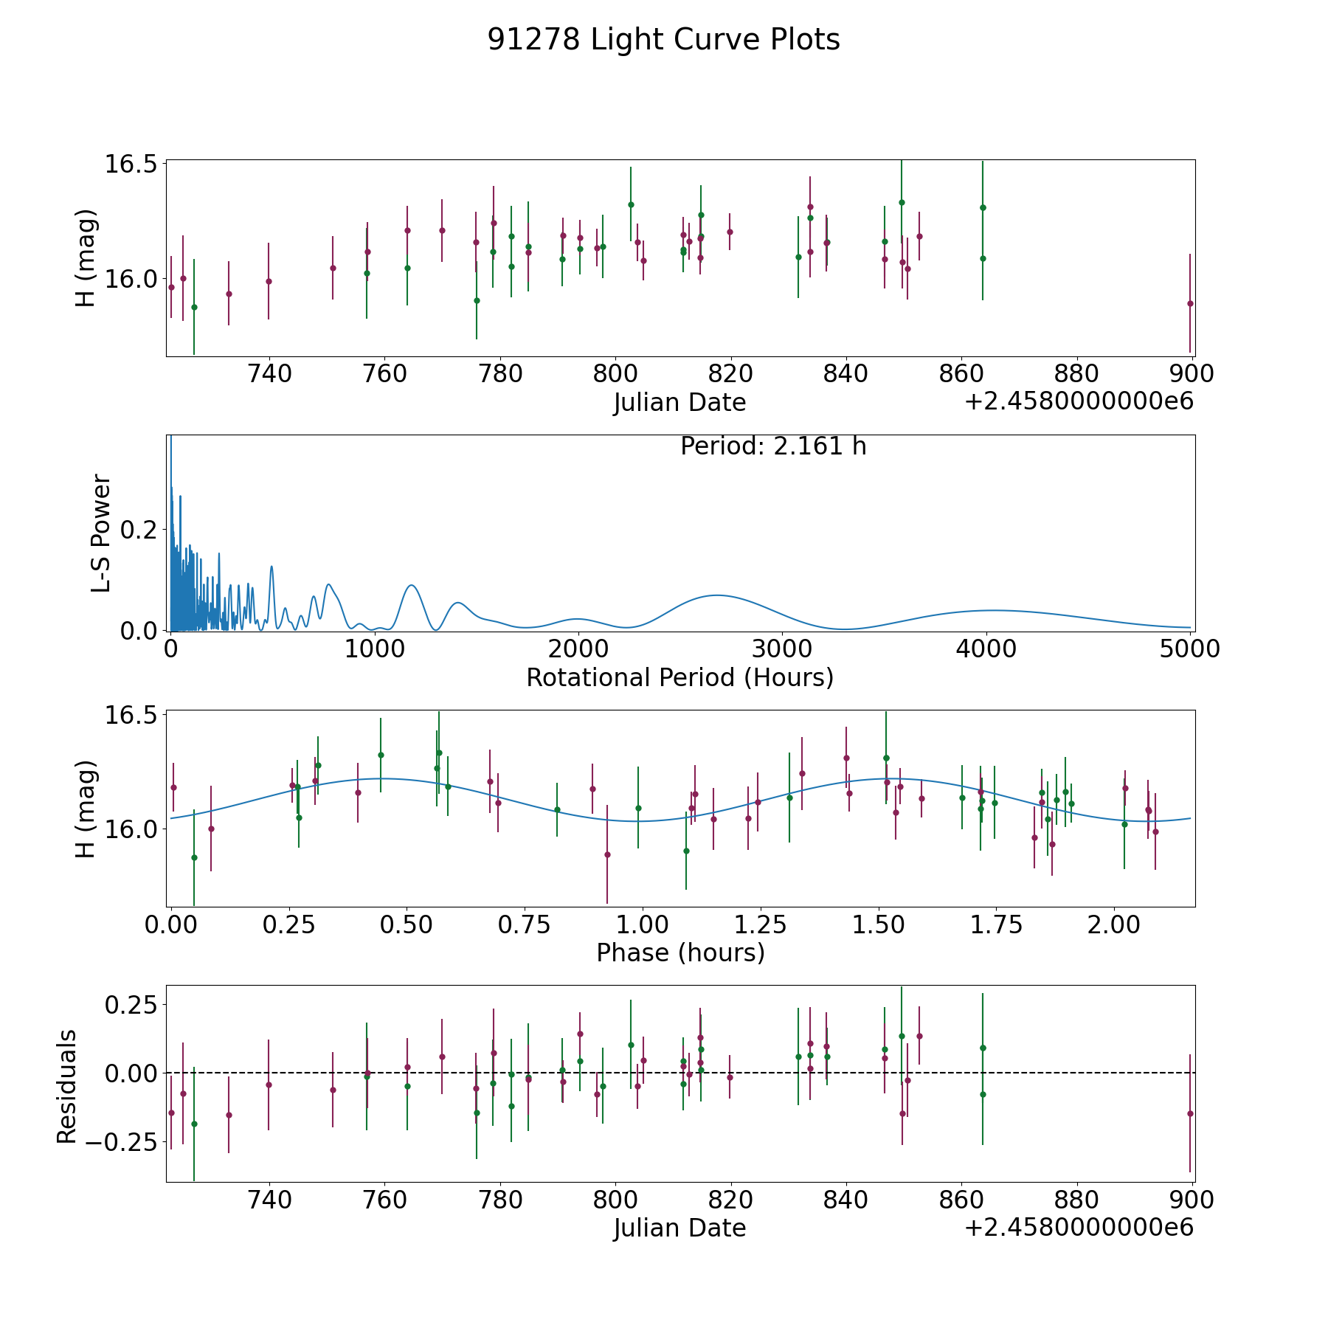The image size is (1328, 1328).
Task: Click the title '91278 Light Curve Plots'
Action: click(663, 40)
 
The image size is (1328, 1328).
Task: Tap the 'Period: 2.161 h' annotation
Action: click(773, 446)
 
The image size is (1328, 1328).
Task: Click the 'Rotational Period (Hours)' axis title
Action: click(679, 677)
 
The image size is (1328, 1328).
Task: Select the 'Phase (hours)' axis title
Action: click(680, 952)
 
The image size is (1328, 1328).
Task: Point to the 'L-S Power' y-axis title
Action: click(102, 533)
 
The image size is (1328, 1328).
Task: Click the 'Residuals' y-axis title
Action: click(66, 1087)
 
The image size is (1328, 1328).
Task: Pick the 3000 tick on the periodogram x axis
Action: click(782, 649)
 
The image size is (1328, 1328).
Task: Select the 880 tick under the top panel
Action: click(1076, 373)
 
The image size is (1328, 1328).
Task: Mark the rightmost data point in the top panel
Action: click(1190, 303)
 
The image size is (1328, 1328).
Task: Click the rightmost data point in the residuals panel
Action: click(1190, 1113)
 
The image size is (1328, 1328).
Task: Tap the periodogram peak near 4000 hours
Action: click(995, 610)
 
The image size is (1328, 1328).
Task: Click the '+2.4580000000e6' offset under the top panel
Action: click(1079, 402)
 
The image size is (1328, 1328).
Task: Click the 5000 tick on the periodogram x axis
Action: click(1189, 649)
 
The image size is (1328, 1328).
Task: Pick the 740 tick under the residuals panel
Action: click(269, 1200)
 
